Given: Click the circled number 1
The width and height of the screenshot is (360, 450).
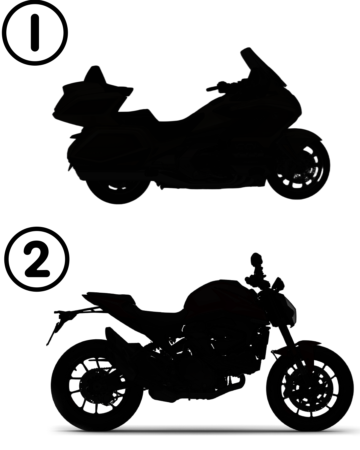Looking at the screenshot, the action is pyautogui.click(x=35, y=33).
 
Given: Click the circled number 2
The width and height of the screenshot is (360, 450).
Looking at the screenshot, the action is pyautogui.click(x=37, y=259).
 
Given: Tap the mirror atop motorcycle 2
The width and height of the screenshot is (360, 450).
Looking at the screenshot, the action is pyautogui.click(x=256, y=260).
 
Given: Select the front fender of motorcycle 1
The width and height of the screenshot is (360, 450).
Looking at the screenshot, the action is pyautogui.click(x=301, y=136).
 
